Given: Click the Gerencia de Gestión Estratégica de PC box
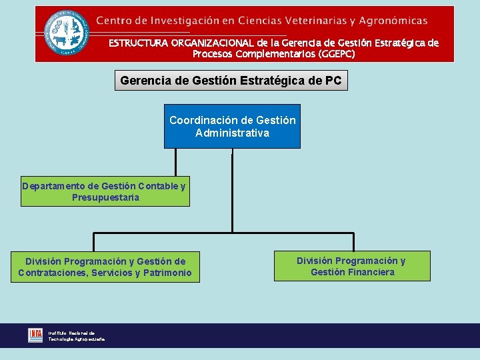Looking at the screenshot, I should (231, 81).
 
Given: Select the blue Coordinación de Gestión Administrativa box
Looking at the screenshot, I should (232, 126).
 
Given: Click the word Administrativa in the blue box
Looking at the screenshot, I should (232, 133).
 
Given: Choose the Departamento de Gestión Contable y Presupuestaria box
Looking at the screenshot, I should (104, 192).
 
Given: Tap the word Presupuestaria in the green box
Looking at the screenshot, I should (105, 198).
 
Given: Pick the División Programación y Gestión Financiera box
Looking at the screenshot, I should (351, 266).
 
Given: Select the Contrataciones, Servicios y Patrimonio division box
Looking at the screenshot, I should (105, 267).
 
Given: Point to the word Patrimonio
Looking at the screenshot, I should (167, 273).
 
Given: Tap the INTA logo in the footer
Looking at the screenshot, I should (35, 335).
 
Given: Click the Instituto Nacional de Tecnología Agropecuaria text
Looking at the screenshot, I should (75, 335).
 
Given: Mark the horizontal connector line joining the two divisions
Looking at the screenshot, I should (223, 233).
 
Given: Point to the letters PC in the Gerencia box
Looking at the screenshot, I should (333, 81).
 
